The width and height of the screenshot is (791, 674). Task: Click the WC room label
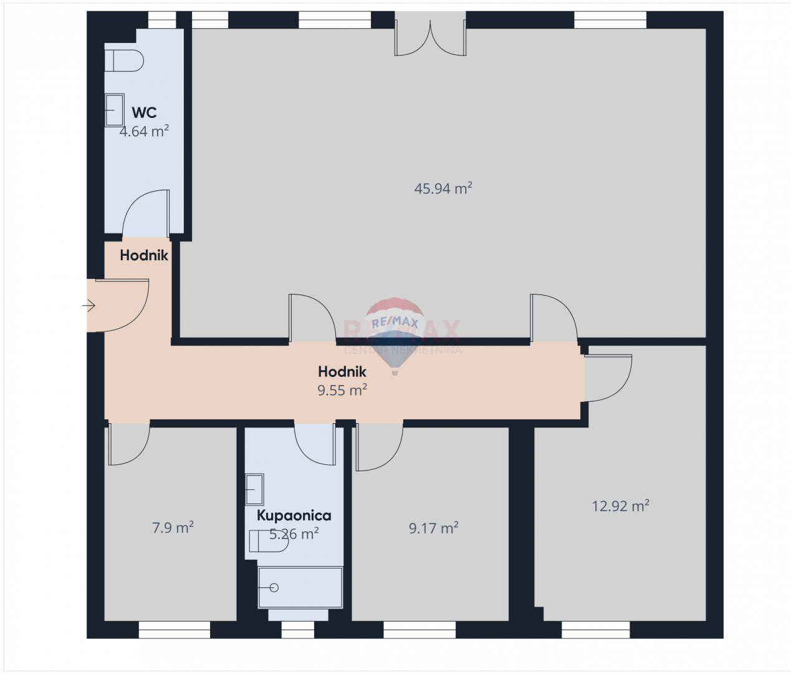click(x=144, y=113)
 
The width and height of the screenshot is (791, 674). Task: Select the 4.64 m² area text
click(x=144, y=131)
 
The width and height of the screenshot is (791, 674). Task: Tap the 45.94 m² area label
click(x=443, y=188)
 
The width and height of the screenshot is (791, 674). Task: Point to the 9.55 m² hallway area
click(x=342, y=391)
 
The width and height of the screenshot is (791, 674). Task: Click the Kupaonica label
click(x=294, y=515)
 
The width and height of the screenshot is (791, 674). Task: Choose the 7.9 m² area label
click(x=173, y=528)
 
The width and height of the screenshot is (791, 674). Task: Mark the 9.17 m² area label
click(x=433, y=529)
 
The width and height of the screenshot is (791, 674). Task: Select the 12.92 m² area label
click(x=620, y=506)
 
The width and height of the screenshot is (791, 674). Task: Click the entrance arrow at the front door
click(x=89, y=306)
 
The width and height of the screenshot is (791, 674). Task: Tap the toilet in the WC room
click(x=123, y=61)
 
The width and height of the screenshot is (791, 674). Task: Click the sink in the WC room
click(x=114, y=110)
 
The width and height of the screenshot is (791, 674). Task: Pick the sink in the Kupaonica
click(x=254, y=489)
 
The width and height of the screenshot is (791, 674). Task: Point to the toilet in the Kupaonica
click(x=268, y=541)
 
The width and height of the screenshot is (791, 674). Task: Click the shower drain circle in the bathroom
click(x=274, y=587)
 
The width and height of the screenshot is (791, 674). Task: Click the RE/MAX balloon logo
click(x=395, y=331)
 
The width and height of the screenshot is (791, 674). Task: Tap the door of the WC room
click(x=146, y=214)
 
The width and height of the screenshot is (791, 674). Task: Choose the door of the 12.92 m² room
click(x=608, y=378)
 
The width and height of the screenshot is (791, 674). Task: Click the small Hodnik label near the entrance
click(x=144, y=255)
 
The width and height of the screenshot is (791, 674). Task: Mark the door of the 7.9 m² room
click(x=129, y=444)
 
